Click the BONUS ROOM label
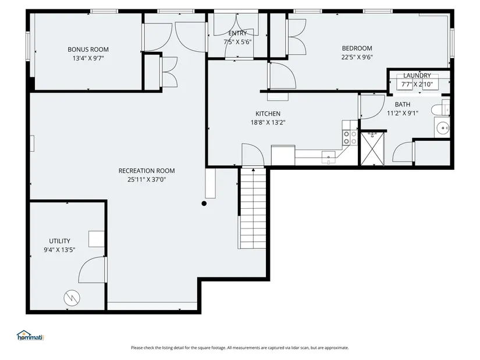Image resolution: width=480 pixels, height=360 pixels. click(x=88, y=49)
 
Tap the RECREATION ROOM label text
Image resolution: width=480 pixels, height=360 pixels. click(x=147, y=170)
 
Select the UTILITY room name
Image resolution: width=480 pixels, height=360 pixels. click(x=60, y=241)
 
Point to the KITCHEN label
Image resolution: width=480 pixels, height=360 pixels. click(x=268, y=113)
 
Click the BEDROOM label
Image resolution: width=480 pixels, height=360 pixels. click(x=357, y=48)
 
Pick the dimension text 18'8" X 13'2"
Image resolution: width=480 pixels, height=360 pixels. click(x=268, y=123)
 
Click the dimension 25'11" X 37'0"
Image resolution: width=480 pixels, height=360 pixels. click(x=147, y=179)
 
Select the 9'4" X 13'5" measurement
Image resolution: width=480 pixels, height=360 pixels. click(x=59, y=250)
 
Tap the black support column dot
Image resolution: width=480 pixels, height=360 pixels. click(x=204, y=204)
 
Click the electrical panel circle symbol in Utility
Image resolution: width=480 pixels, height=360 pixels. click(x=72, y=298)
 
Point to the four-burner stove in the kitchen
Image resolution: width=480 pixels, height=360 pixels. click(x=350, y=137)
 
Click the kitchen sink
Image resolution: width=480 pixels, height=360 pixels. click(x=329, y=157)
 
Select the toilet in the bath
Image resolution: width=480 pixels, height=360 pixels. click(x=440, y=109)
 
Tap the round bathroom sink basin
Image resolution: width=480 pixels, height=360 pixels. click(x=443, y=127)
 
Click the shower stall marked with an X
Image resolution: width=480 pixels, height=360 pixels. click(x=372, y=149)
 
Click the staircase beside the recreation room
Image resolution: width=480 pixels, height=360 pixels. click(x=253, y=208)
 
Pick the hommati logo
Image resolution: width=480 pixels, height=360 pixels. click(x=31, y=336)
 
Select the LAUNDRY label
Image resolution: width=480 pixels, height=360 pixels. click(x=417, y=75)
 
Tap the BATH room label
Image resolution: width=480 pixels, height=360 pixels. click(x=403, y=104)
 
